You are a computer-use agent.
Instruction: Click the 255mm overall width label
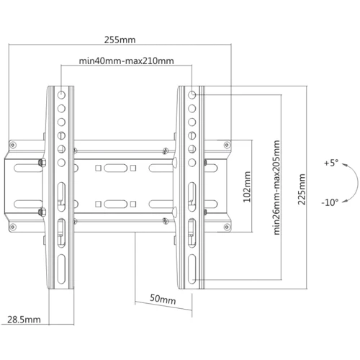(120, 41)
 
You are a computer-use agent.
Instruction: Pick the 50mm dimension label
(163, 299)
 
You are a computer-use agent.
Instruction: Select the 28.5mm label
(23, 319)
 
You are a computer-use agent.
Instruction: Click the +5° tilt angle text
(330, 163)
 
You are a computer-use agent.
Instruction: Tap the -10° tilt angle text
(330, 202)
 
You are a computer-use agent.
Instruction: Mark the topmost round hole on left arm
(61, 94)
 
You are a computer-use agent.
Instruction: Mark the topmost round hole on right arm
(192, 94)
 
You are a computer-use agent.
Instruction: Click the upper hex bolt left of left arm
(41, 163)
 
